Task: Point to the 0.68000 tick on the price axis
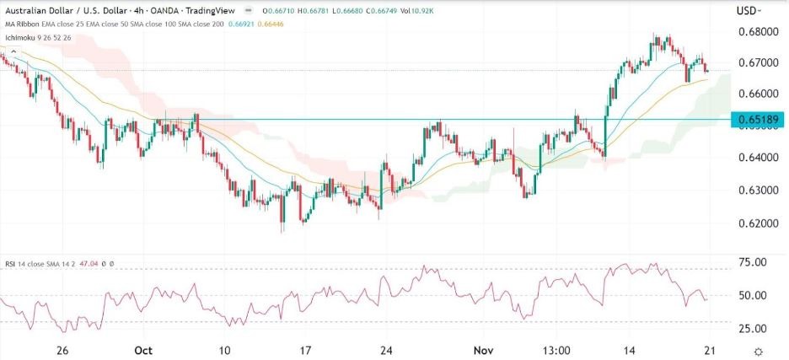[x=756, y=32]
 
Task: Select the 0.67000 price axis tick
[x=756, y=63]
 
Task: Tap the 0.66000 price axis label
[x=756, y=94]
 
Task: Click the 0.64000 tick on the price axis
[x=756, y=158]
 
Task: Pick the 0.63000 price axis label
[x=756, y=191]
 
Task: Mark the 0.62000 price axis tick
[x=756, y=223]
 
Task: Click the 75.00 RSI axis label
[x=751, y=263]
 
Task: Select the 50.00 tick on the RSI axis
[x=751, y=296]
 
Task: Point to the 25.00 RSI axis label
[x=751, y=329]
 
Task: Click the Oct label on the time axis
[x=143, y=349]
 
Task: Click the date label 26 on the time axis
[x=62, y=349]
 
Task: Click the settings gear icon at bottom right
[x=759, y=350]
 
